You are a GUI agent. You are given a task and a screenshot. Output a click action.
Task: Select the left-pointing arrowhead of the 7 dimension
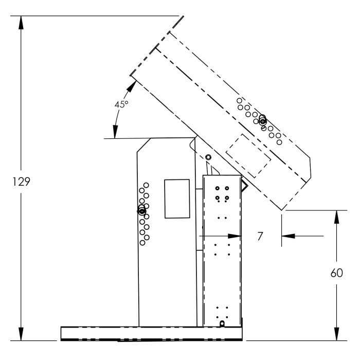pos(286,236)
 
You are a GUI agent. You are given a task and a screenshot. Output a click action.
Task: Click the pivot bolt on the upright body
pos(142,211)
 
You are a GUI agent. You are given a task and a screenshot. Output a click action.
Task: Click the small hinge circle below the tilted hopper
pos(208,156)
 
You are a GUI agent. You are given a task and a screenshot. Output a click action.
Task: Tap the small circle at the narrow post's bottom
pos(222,323)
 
